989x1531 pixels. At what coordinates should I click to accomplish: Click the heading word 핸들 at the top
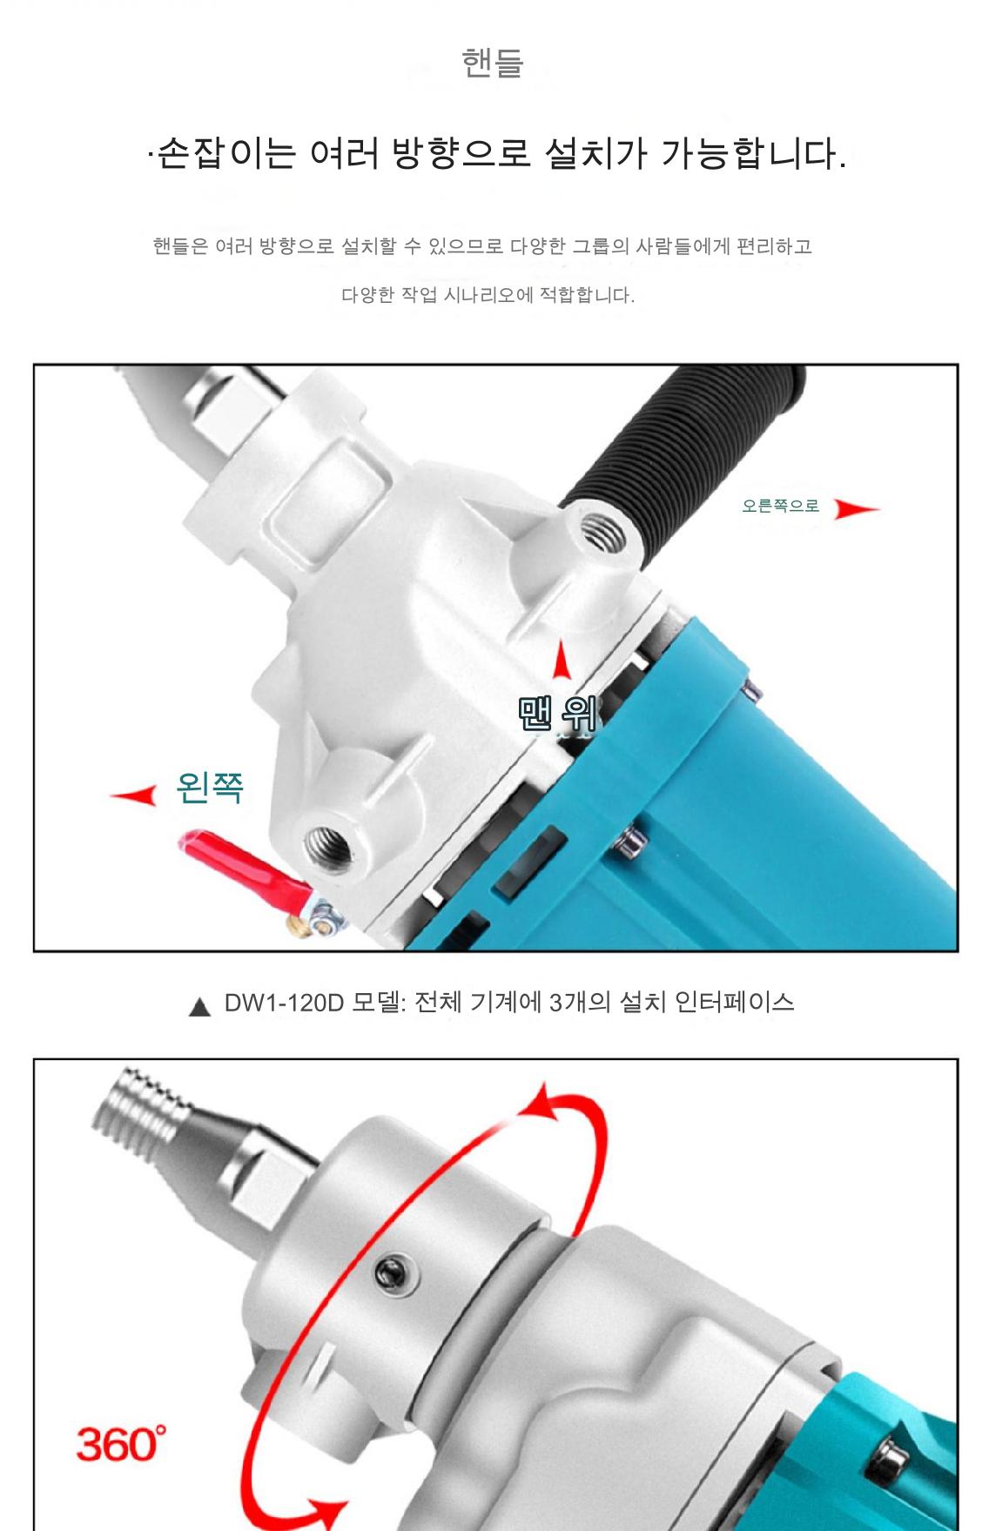[493, 63]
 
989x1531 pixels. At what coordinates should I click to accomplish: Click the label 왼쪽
[210, 787]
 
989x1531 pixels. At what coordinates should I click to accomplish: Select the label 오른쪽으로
[781, 506]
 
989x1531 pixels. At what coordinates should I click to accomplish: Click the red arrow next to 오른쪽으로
[857, 508]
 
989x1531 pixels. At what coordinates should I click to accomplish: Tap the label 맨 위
[557, 714]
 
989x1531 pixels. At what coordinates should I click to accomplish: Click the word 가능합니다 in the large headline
[754, 155]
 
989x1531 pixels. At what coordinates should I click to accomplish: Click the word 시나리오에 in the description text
[488, 295]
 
